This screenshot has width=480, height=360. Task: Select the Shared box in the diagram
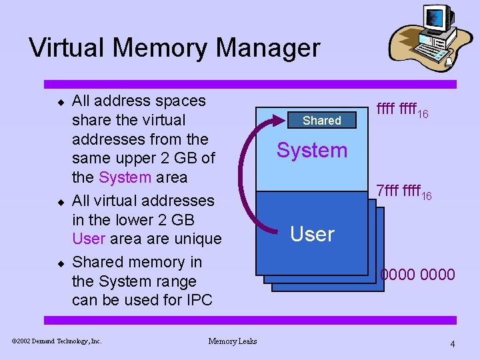[321, 121]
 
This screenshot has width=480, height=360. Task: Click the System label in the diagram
[312, 151]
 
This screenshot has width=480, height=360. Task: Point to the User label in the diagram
[312, 234]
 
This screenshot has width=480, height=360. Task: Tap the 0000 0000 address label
[417, 275]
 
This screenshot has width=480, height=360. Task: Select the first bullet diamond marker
[59, 102]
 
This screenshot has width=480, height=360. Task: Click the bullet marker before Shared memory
[59, 263]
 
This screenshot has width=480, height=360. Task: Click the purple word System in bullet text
[125, 177]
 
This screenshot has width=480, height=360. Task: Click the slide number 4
[453, 344]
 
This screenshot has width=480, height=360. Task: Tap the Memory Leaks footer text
[233, 341]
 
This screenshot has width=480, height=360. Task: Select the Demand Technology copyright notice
[57, 341]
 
